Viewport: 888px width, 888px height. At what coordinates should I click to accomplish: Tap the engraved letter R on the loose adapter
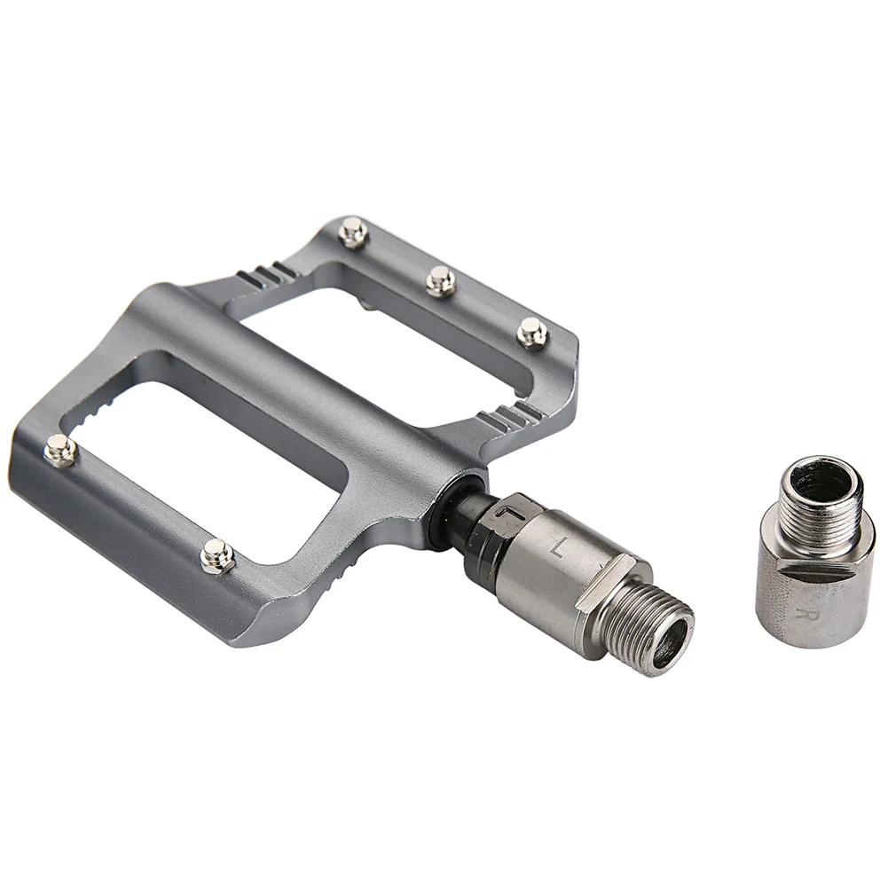801,612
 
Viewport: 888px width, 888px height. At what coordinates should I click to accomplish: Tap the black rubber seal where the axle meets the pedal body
447,510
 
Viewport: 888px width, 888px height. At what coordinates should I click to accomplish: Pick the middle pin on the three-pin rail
441,280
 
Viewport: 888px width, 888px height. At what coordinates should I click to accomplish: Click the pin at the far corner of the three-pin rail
353,232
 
